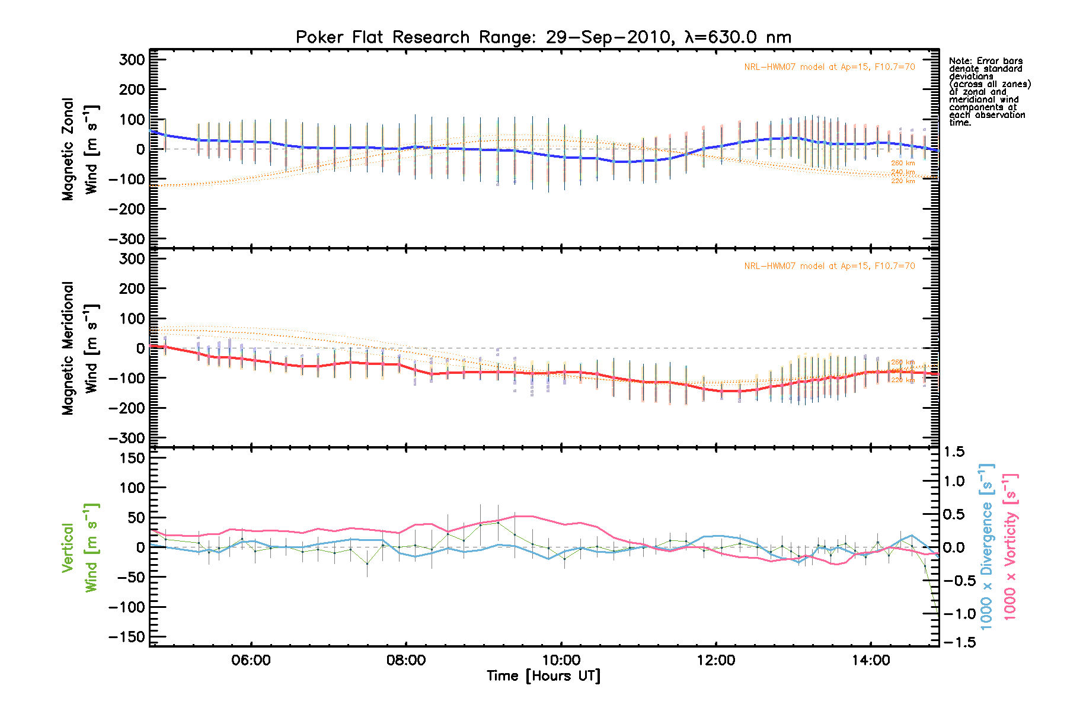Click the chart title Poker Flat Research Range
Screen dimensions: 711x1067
(x=543, y=37)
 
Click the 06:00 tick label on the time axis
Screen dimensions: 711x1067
(x=251, y=660)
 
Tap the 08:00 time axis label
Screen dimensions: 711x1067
(x=406, y=660)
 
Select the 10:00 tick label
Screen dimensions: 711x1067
(x=561, y=660)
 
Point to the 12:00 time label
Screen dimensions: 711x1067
(x=716, y=660)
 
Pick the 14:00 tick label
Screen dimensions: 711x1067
(x=871, y=660)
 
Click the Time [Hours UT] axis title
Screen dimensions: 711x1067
(x=543, y=676)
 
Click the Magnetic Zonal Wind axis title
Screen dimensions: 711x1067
(x=79, y=149)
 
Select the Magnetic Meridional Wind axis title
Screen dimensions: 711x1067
(x=79, y=348)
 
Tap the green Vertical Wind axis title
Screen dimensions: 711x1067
(x=79, y=547)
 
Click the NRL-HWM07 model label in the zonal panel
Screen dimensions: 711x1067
(x=829, y=67)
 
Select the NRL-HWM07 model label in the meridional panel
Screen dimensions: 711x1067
(x=829, y=266)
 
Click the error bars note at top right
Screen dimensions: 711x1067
(x=989, y=92)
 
